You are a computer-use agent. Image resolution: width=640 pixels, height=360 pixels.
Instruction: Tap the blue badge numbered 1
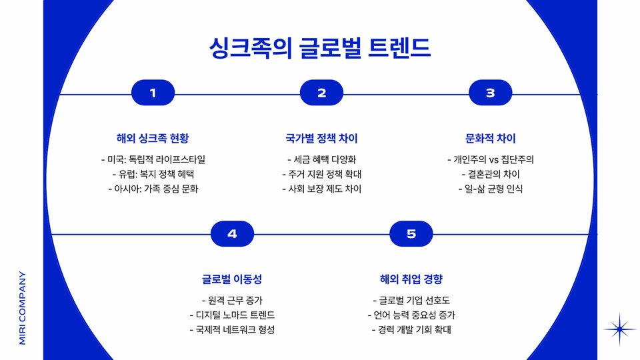coord(153,93)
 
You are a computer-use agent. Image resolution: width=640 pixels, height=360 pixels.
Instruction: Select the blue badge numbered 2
coord(321,93)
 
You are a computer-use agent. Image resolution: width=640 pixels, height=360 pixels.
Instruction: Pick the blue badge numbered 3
coord(490,93)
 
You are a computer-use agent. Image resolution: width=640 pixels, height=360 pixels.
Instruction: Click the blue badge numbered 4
coord(232,233)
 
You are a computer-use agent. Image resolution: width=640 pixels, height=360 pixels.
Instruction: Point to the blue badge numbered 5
coord(411,233)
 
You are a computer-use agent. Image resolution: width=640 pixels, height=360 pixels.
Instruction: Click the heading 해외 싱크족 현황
coord(153,139)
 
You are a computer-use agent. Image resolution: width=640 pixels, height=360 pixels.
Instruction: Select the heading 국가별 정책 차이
coord(321,139)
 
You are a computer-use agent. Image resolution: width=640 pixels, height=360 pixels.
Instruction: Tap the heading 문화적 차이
coord(490,139)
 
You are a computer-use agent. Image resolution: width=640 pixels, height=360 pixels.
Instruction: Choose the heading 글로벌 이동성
coord(232,279)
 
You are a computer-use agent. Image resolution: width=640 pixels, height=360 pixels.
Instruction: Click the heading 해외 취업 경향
coord(411,279)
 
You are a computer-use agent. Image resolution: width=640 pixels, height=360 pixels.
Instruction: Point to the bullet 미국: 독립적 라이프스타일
coord(153,159)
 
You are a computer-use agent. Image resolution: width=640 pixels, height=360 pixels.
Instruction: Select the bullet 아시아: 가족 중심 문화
coord(153,189)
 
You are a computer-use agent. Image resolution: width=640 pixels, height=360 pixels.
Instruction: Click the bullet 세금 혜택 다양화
coord(321,159)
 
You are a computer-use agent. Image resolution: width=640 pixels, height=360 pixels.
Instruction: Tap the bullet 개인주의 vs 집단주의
coord(490,159)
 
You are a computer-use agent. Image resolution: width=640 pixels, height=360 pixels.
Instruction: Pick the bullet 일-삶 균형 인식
coord(490,189)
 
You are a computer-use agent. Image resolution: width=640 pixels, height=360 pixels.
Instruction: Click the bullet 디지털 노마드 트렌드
coord(232,315)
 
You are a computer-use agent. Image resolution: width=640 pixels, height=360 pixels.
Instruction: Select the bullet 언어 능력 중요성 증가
coord(411,315)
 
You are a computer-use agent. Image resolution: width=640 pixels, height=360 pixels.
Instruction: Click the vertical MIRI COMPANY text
coord(22,307)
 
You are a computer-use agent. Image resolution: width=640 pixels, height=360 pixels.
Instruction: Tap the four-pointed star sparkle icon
coord(620,329)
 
